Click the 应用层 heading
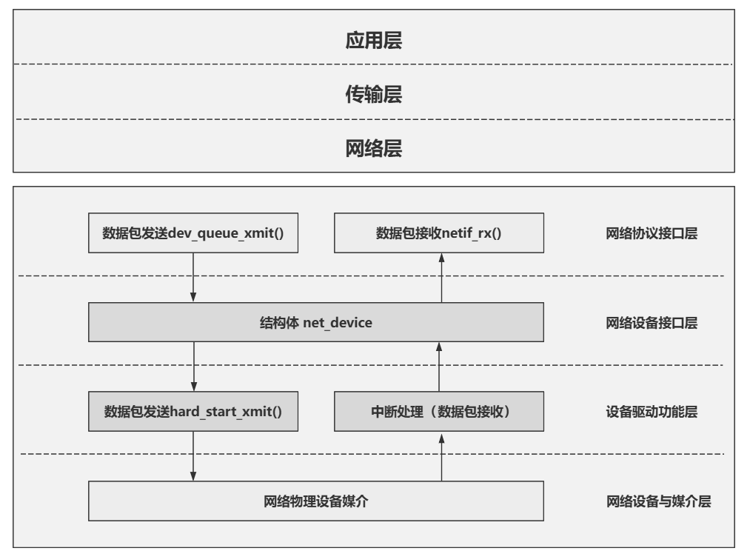click(374, 40)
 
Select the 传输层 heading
click(374, 94)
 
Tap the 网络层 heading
click(374, 148)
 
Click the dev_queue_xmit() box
click(193, 233)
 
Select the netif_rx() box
click(439, 233)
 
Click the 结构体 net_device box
click(316, 322)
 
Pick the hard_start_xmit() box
click(193, 411)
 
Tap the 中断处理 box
click(439, 411)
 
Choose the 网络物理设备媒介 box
click(316, 501)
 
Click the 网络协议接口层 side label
click(652, 233)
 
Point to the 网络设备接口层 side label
click(652, 323)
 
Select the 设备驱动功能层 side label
click(652, 412)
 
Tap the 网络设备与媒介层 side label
click(659, 501)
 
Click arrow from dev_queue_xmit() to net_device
click(193, 278)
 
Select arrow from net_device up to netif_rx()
click(441, 278)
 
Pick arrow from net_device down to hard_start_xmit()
click(194, 367)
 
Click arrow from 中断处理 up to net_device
click(439, 367)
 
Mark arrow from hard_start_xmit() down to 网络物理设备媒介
click(193, 456)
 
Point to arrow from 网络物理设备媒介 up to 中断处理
click(441, 456)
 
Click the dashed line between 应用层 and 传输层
click(373, 64)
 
